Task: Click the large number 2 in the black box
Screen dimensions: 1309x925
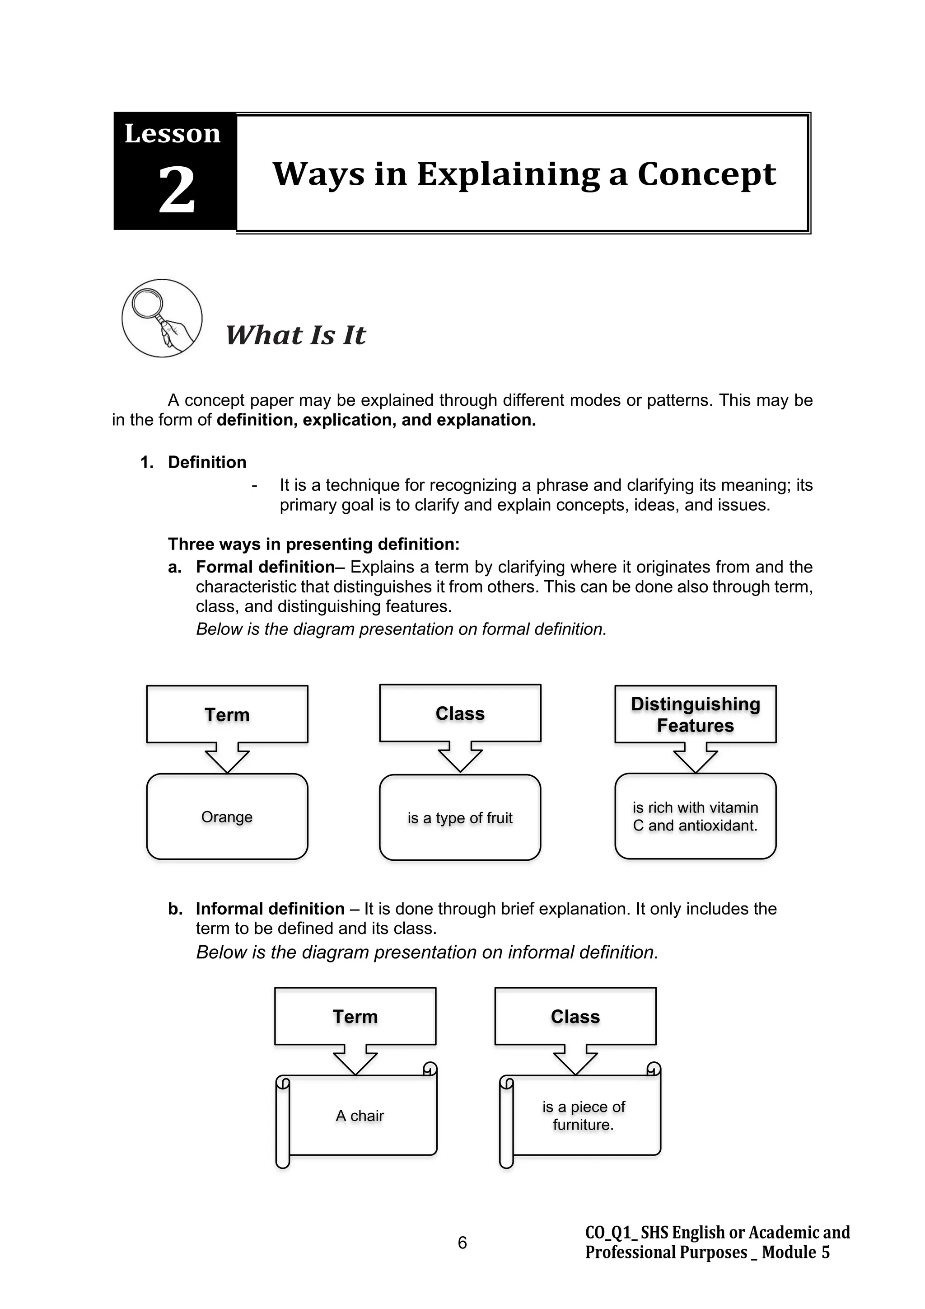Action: click(x=176, y=191)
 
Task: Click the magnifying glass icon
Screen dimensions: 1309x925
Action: click(x=162, y=318)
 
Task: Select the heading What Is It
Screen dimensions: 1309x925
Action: click(x=295, y=335)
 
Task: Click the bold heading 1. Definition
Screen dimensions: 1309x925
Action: click(x=194, y=462)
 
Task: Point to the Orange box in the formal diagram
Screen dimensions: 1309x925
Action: click(x=227, y=817)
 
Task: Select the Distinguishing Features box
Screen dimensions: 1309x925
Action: click(x=695, y=714)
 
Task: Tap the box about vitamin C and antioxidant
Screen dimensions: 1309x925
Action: click(x=695, y=816)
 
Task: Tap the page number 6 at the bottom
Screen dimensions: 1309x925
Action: click(x=462, y=1242)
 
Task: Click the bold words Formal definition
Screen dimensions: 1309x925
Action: click(x=265, y=567)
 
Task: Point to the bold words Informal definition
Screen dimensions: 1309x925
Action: click(x=270, y=908)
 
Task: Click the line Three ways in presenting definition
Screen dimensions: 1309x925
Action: click(x=313, y=544)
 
